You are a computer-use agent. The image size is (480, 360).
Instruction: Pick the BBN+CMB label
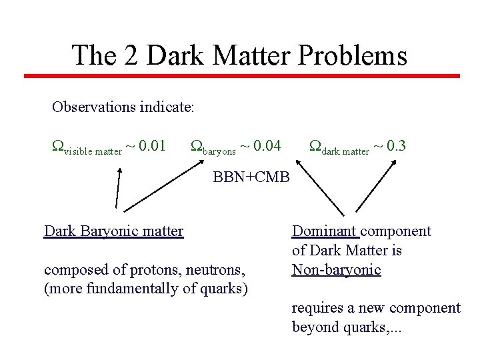tap(251, 177)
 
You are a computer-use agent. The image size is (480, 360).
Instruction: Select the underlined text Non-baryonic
tap(336, 270)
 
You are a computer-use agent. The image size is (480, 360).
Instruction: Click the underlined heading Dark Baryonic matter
tap(113, 231)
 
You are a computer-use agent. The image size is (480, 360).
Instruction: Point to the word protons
tap(145, 270)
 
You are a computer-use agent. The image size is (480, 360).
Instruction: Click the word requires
tap(316, 308)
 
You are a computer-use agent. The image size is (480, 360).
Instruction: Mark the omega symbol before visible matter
tap(58, 145)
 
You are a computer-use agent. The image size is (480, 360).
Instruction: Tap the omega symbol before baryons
tap(197, 145)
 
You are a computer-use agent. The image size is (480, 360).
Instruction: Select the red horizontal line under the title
tap(242, 76)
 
